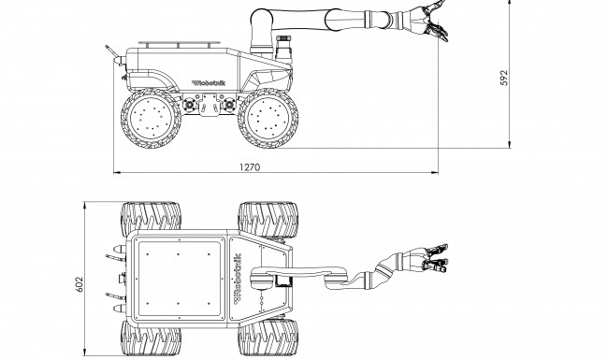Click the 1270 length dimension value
coord(250,167)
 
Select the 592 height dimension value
coord(503,78)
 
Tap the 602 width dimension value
coord(80,284)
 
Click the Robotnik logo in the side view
coord(209,82)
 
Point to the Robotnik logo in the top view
coord(238,279)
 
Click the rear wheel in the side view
coord(151,118)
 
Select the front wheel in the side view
coord(268,118)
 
